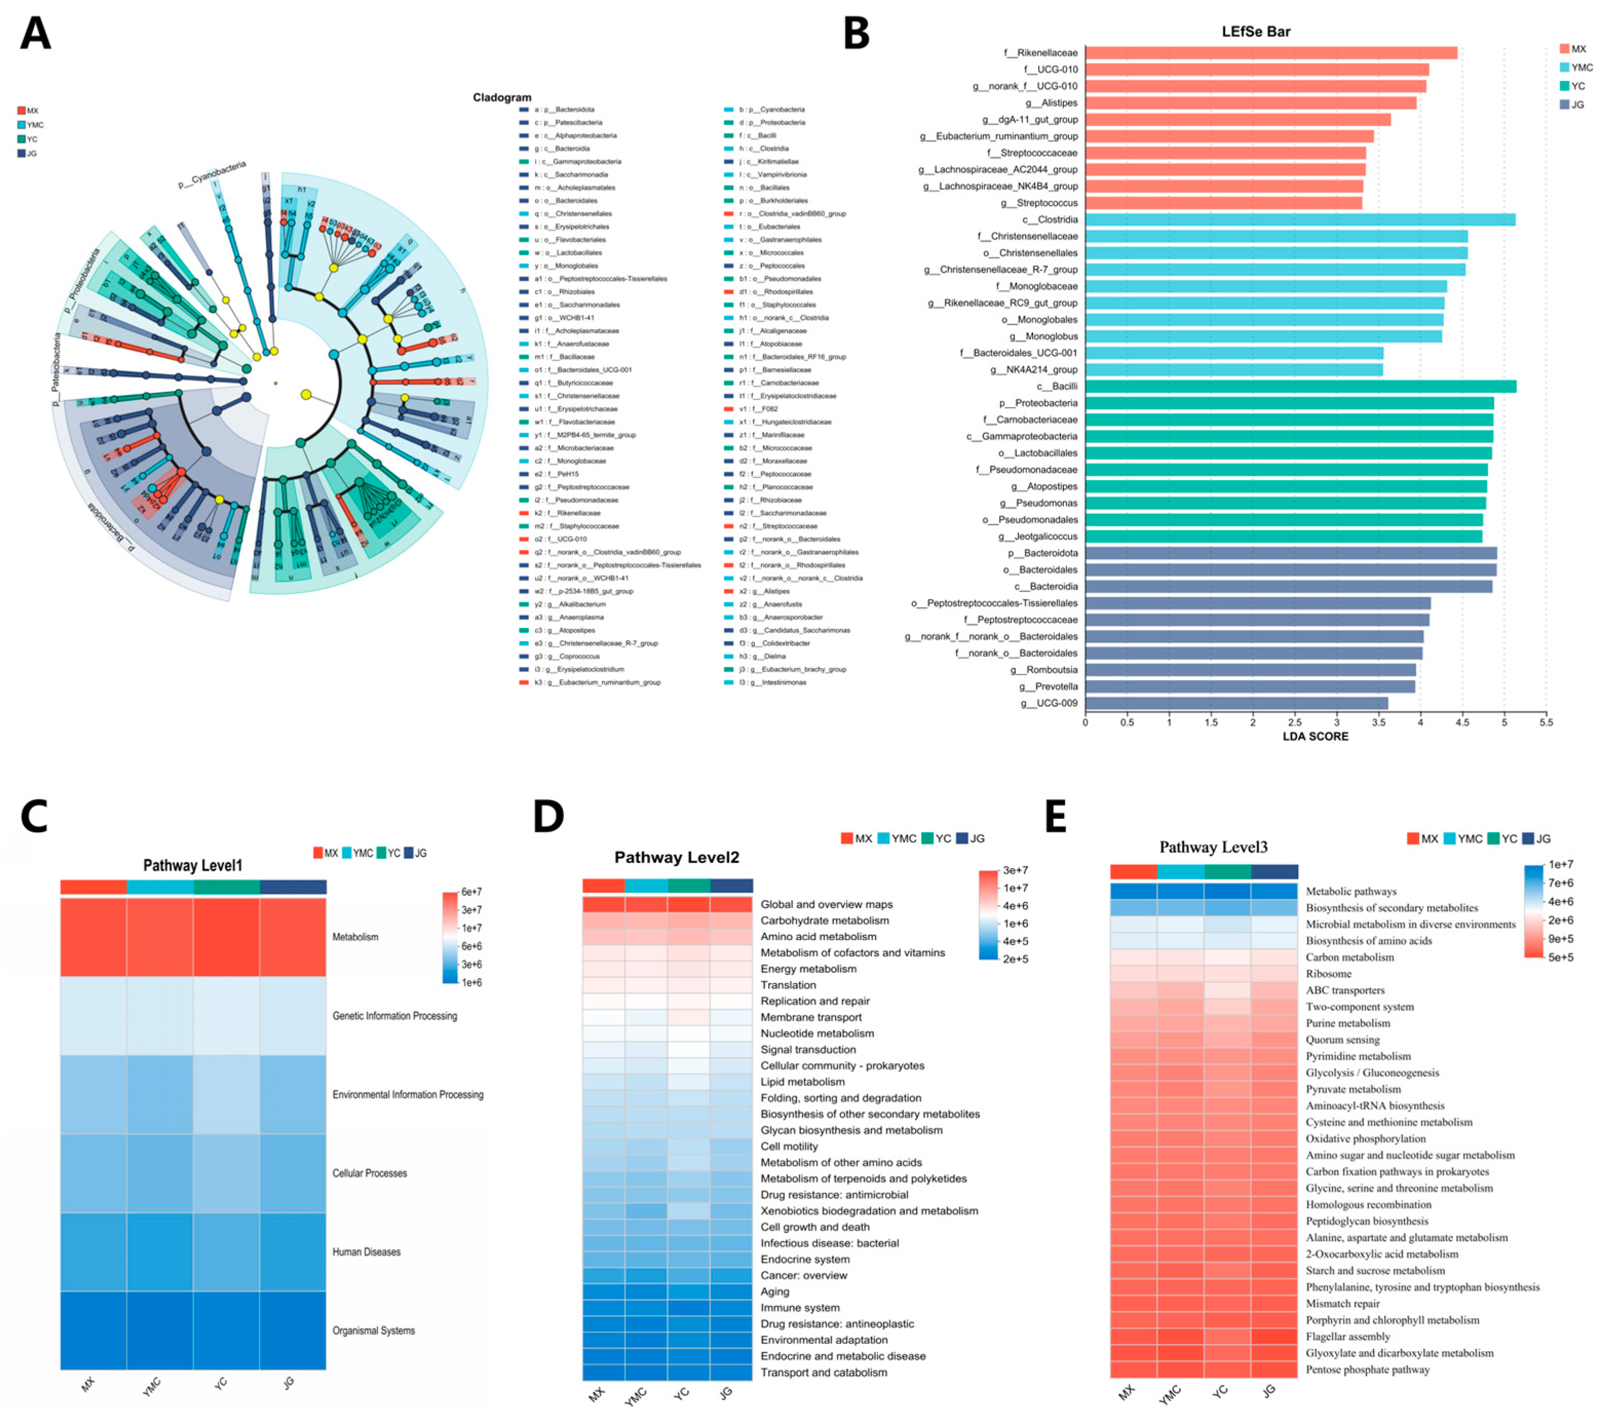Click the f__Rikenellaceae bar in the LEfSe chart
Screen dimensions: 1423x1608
point(1270,53)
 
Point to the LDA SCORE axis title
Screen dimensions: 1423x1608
point(1315,736)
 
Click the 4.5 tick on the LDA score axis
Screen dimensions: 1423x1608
point(1462,722)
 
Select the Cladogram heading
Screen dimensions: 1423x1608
point(502,97)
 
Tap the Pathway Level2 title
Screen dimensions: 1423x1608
point(676,857)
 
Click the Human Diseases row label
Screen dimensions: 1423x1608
point(366,1252)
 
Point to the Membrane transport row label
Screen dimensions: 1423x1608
point(810,1017)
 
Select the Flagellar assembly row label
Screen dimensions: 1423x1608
point(1348,1336)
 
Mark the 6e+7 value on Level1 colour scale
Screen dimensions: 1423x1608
point(471,892)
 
